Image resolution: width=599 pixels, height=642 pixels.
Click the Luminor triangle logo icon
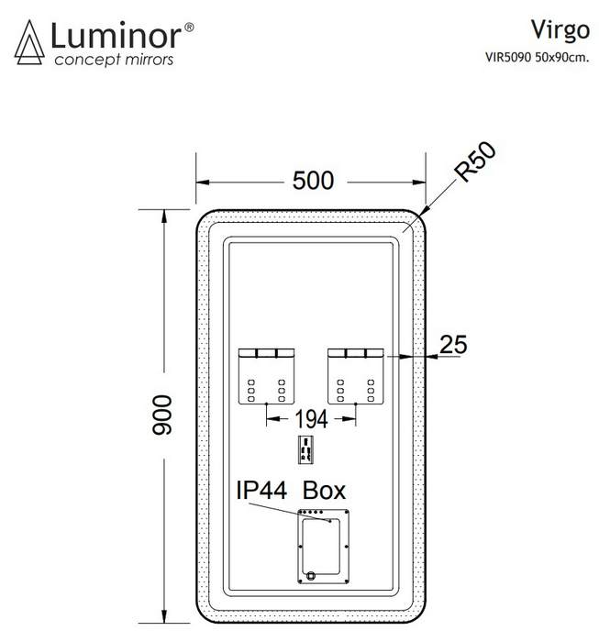(x=29, y=42)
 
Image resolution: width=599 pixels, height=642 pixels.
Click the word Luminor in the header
(x=116, y=36)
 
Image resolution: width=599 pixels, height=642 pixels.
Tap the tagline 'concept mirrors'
(x=114, y=60)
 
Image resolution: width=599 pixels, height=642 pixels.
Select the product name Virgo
(x=560, y=31)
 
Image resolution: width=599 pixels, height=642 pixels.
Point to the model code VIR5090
(x=508, y=57)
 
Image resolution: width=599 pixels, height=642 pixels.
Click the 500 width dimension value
(x=313, y=181)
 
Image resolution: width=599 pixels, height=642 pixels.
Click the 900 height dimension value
(x=162, y=415)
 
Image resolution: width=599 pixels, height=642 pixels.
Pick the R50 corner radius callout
(x=476, y=161)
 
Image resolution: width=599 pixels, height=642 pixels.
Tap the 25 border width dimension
(x=453, y=344)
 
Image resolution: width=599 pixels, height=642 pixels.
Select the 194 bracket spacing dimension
(x=311, y=419)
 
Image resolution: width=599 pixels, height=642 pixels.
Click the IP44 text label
(x=261, y=490)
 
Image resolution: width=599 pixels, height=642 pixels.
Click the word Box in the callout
(x=325, y=490)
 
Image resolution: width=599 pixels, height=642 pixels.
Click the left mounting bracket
(x=267, y=376)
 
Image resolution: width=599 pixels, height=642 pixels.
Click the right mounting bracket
(x=356, y=376)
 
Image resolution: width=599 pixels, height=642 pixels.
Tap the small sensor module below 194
(x=305, y=449)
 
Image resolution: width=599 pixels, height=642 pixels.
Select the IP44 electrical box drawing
(x=324, y=547)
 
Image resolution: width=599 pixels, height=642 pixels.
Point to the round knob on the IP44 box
(x=310, y=575)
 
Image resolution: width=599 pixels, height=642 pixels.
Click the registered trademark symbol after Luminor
(x=189, y=27)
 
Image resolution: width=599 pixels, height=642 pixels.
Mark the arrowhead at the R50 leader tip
(x=424, y=210)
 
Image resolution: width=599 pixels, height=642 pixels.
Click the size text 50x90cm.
(x=562, y=57)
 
